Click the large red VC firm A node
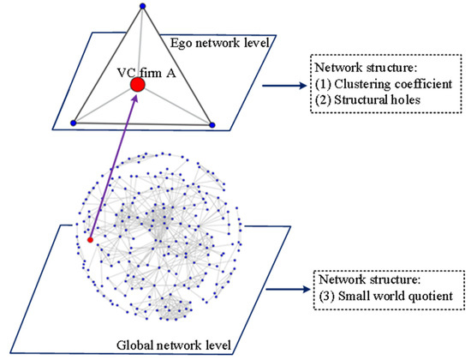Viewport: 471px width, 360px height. [137, 85]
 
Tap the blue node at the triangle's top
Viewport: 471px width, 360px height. [142, 6]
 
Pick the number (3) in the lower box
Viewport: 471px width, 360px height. [327, 297]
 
